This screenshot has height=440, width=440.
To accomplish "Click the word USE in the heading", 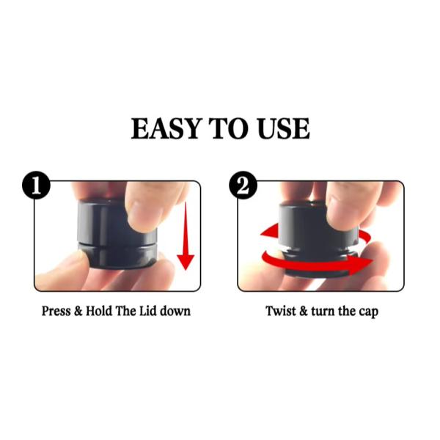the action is [283, 128].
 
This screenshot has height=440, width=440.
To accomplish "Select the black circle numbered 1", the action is [36, 185].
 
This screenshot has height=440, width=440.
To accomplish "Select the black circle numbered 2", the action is [243, 185].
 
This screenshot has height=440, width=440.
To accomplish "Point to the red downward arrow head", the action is [186, 262].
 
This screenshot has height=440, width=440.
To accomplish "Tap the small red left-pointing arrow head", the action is [269, 230].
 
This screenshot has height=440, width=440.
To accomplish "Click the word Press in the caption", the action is [56, 311].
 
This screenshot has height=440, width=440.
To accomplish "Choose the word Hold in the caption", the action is [99, 311].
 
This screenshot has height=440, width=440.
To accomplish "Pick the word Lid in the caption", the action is [148, 311].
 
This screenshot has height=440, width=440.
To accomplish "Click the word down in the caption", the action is [175, 311].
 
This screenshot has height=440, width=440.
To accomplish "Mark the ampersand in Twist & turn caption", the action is [304, 311].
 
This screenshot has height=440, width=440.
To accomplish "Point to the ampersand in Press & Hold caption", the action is [78, 311].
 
